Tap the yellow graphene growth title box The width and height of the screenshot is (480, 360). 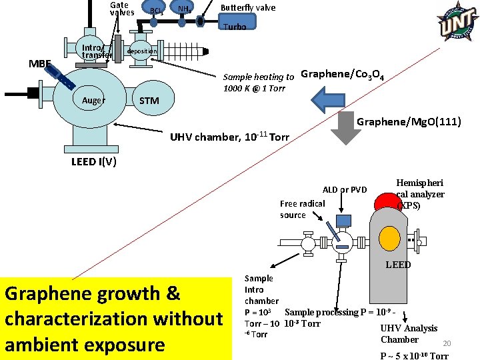tap(114, 319)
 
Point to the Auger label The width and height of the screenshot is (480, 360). tap(93, 101)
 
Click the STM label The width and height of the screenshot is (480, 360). tap(149, 101)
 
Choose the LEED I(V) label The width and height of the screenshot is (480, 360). tap(94, 163)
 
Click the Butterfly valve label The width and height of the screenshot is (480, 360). tap(248, 8)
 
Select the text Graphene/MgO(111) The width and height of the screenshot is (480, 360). tap(409, 122)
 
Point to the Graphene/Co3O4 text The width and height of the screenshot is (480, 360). tap(342, 74)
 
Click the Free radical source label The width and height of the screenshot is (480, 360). tap(303, 209)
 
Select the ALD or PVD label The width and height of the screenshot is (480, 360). tap(345, 190)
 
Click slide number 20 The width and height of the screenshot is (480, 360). tap(447, 343)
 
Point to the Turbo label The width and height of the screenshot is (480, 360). tap(235, 27)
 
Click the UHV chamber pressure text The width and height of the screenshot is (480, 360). tap(229, 137)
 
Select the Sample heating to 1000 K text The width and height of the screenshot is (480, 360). tap(258, 83)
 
